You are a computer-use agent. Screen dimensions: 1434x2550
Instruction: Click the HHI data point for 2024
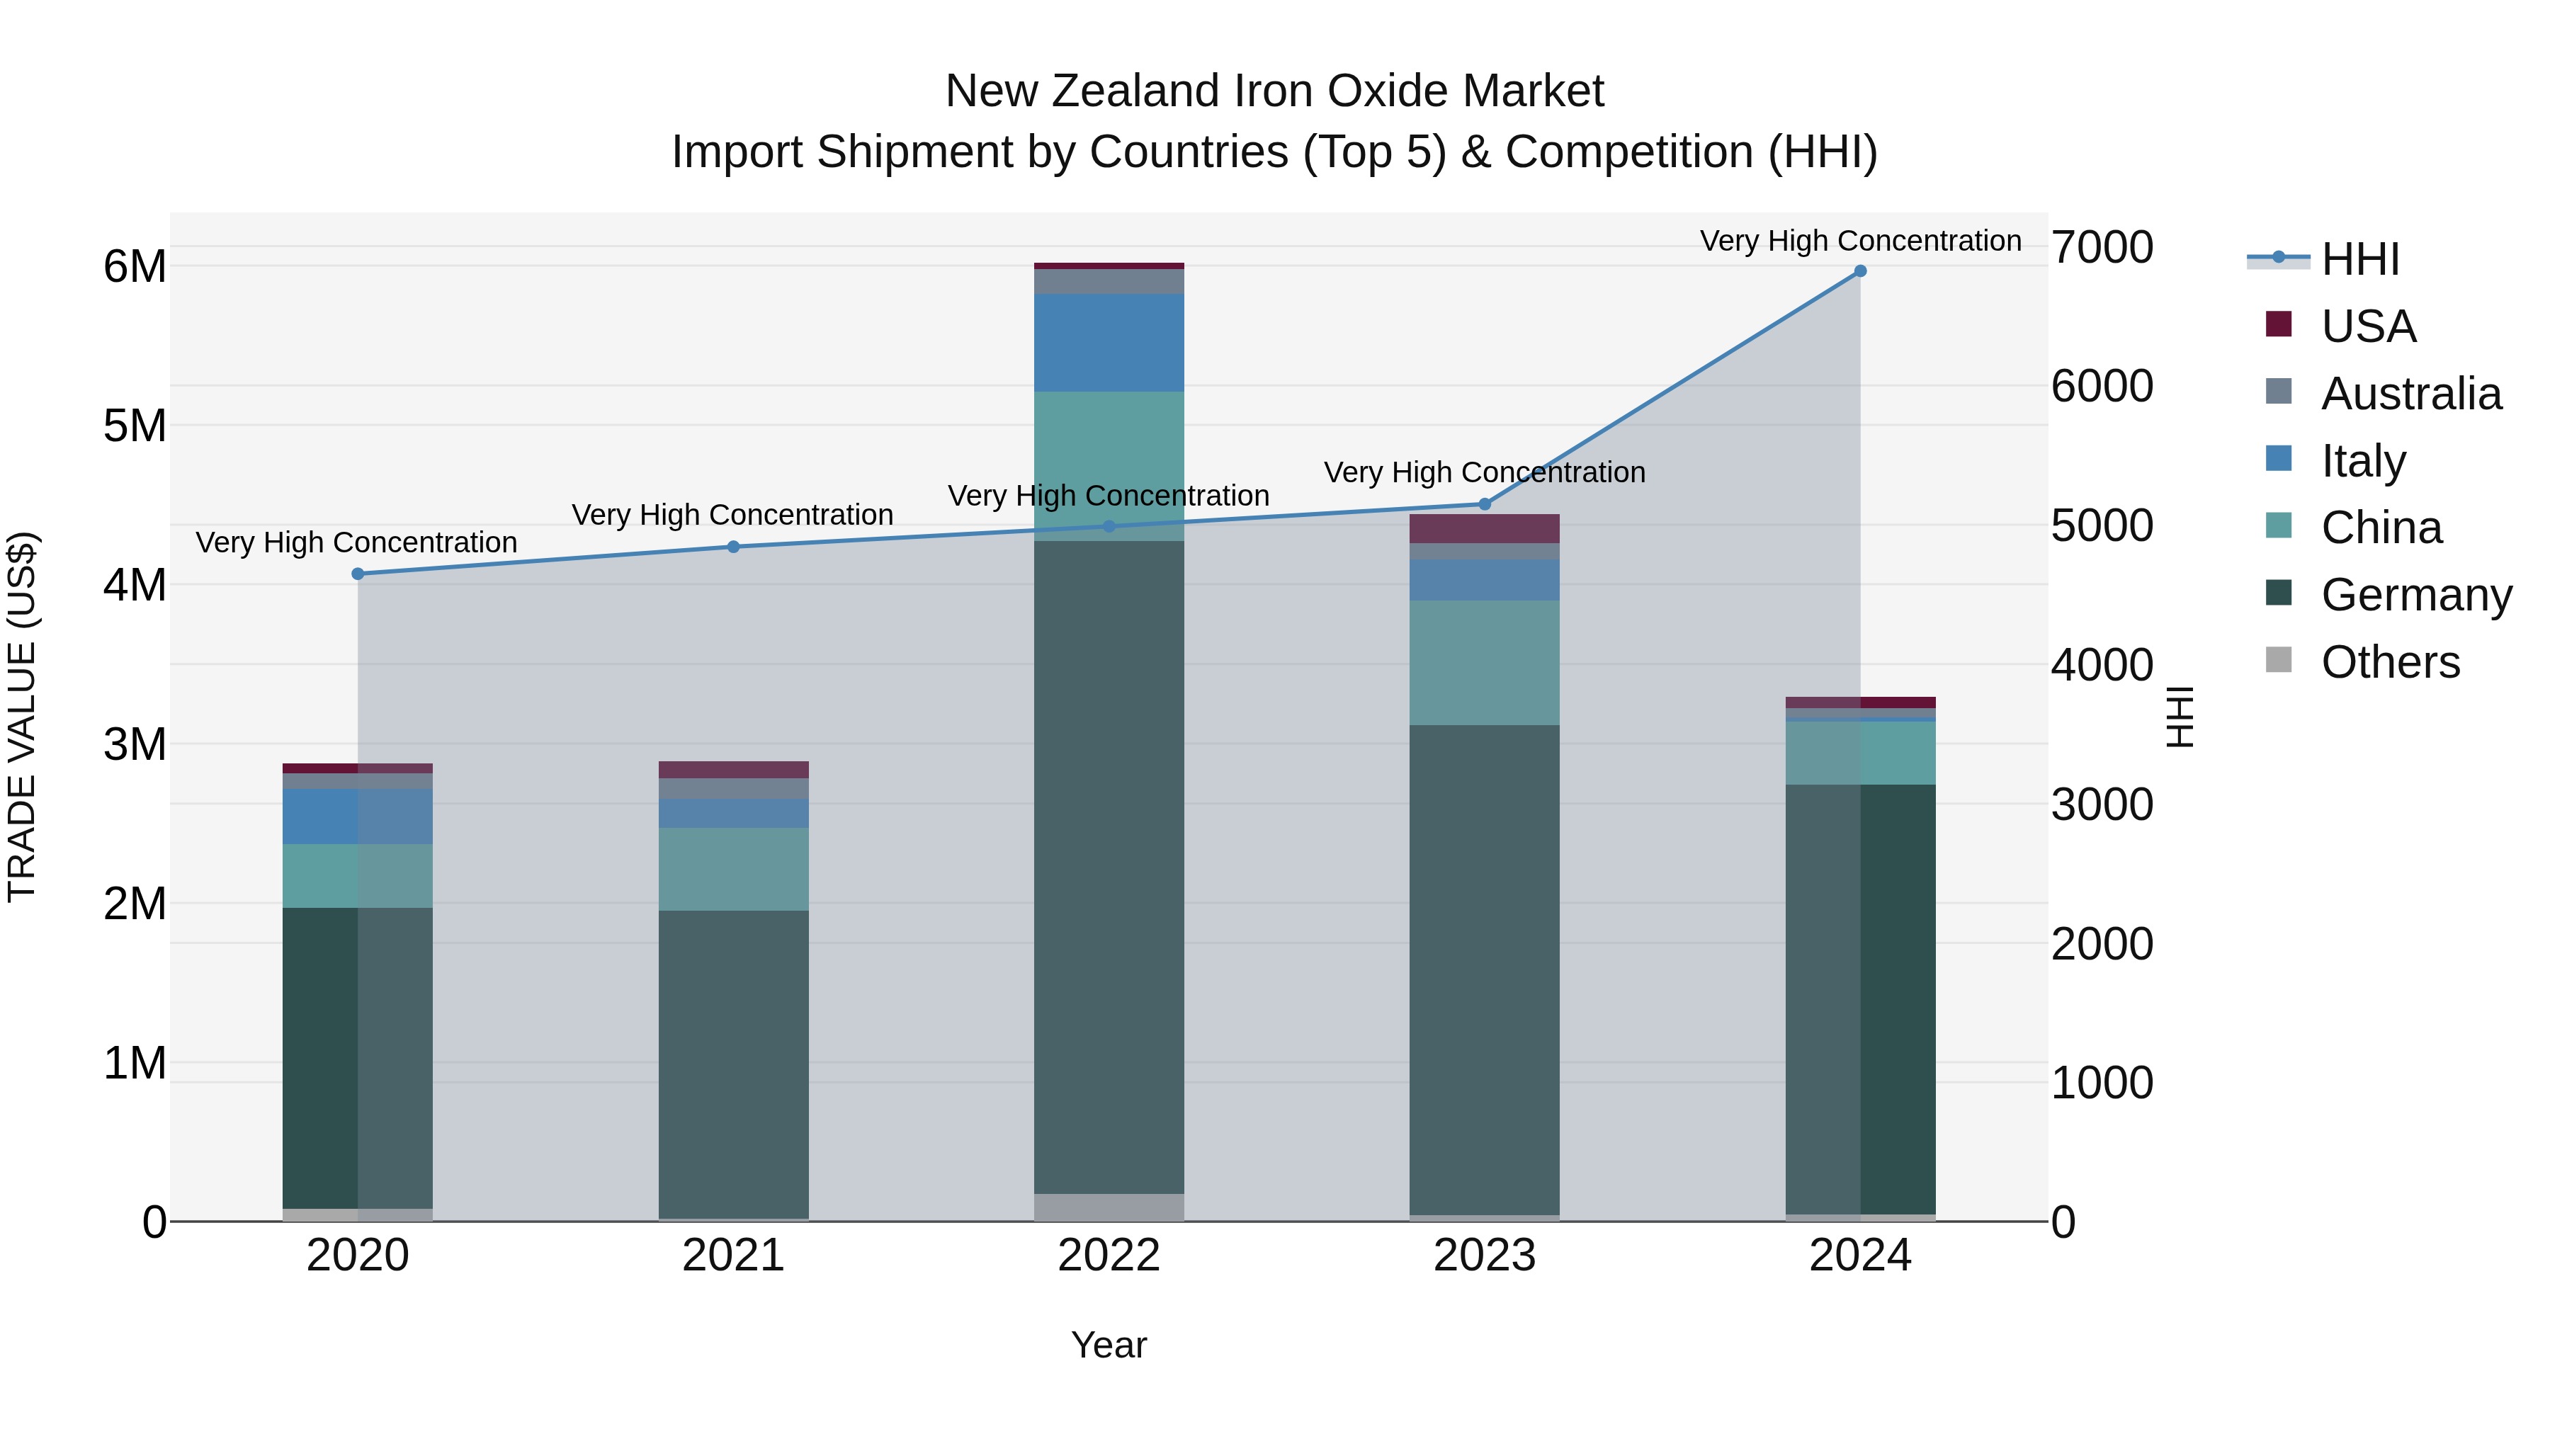click(1860, 271)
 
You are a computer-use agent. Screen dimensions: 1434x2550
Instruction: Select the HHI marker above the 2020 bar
click(358, 574)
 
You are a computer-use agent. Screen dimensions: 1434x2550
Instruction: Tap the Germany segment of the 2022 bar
click(1109, 866)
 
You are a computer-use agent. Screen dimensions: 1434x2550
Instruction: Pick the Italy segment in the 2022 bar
click(1109, 343)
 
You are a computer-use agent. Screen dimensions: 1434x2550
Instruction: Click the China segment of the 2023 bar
click(1484, 662)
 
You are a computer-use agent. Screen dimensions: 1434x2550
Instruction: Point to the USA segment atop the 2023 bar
click(1484, 528)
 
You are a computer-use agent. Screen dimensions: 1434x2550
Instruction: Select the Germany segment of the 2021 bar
click(734, 1064)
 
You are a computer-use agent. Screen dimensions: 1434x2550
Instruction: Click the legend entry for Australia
click(2410, 394)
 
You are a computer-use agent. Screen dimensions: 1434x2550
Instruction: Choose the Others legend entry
click(2390, 662)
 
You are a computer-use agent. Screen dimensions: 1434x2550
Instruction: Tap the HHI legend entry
click(2360, 259)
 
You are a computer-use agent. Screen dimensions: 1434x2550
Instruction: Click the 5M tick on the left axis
click(135, 426)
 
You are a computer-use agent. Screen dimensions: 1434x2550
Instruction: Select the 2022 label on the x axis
click(1109, 1256)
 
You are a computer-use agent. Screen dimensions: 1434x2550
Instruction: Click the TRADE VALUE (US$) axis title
click(23, 717)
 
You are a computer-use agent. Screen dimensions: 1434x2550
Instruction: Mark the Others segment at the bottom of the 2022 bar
click(1109, 1207)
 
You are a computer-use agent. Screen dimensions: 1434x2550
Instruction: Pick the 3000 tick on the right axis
click(2102, 804)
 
